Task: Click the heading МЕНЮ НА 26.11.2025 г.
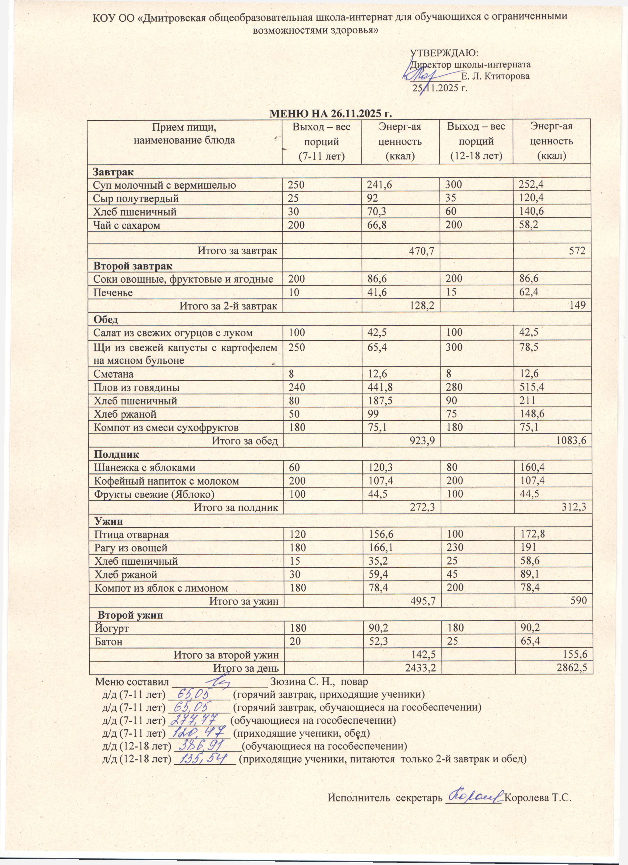pos(331,114)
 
